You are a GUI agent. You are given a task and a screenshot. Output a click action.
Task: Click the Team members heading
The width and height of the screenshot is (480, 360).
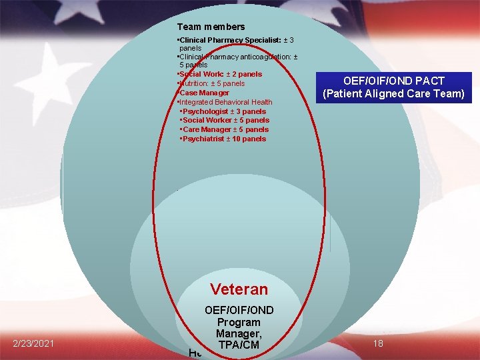[x=211, y=27]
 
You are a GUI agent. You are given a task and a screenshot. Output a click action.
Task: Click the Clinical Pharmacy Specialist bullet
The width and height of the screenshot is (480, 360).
[x=236, y=41]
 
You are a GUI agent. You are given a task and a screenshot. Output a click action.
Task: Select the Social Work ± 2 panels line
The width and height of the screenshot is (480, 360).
[x=220, y=74]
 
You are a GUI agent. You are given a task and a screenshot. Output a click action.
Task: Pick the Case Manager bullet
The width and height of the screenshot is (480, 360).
[x=205, y=93]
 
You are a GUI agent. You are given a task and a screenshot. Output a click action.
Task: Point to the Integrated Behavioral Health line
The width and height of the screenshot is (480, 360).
[x=225, y=102]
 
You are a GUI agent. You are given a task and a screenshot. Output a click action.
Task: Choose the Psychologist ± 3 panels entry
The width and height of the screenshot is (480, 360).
[x=224, y=111]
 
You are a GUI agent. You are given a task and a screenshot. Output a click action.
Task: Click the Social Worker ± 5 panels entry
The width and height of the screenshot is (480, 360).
[x=226, y=120]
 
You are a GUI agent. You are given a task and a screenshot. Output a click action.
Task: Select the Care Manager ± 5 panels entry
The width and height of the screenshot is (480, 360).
[x=225, y=129]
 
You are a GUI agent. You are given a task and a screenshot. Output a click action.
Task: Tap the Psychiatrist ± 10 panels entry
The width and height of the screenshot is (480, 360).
[x=224, y=139]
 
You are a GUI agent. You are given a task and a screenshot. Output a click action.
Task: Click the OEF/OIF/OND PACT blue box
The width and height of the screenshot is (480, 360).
[x=393, y=87]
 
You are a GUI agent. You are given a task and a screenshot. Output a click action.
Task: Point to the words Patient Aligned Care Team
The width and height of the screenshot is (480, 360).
[x=393, y=94]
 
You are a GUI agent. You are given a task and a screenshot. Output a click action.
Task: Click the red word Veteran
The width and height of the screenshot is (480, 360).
[x=239, y=289]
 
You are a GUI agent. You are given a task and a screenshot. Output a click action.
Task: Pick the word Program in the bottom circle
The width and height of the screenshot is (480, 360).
[x=239, y=322]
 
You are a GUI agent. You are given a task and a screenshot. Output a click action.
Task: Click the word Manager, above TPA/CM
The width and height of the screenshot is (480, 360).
[x=239, y=334]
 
